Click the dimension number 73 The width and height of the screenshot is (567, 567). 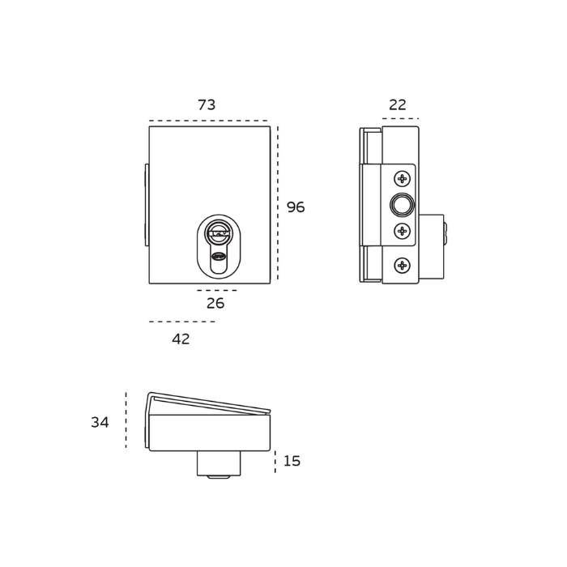click(207, 105)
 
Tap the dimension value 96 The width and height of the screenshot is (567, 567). click(296, 207)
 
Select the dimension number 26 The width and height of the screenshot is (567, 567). click(215, 304)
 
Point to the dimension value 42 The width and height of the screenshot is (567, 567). click(181, 339)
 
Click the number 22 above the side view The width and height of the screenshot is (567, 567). click(398, 105)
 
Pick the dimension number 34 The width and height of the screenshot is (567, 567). click(100, 423)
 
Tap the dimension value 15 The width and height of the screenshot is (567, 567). click(292, 461)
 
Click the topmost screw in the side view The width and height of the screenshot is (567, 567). click(402, 178)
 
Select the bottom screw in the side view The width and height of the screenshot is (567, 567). click(402, 266)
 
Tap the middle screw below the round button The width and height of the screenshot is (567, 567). click(402, 232)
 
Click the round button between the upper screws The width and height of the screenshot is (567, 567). click(402, 205)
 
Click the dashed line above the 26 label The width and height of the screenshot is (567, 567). click(217, 290)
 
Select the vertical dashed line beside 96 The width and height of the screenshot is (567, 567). click(278, 202)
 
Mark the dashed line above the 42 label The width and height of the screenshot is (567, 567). click(181, 322)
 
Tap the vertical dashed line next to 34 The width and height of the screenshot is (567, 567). click(126, 420)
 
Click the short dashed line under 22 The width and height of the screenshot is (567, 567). click(400, 119)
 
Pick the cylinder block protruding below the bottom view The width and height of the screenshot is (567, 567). click(219, 463)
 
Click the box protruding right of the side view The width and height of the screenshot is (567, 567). click(431, 246)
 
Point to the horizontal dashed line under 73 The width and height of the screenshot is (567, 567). click(208, 121)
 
